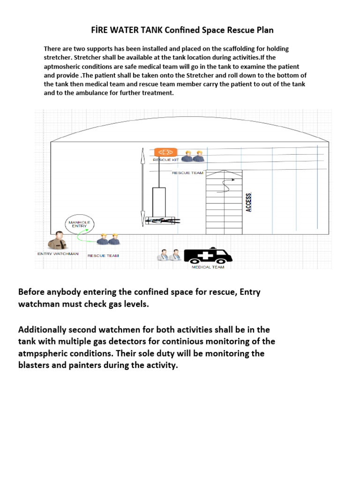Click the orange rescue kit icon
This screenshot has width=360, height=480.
point(166,152)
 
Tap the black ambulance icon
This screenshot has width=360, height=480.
point(208,255)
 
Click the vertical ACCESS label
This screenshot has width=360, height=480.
point(248,202)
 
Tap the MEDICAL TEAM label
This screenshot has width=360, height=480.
point(208,267)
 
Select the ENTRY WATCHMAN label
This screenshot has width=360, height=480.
point(58,254)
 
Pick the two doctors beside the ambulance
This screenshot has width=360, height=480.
point(169,255)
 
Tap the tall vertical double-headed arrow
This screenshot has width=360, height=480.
point(142,187)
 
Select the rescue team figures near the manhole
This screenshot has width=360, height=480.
point(108,240)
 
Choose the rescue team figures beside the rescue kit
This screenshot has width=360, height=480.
point(193,156)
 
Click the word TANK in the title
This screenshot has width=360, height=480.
point(158,30)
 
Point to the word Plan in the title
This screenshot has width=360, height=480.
point(264,30)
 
